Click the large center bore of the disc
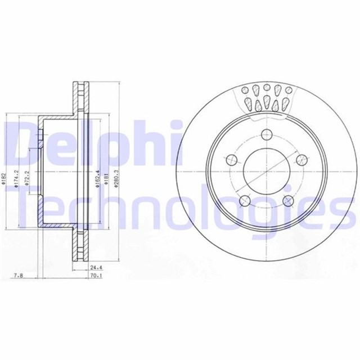267,172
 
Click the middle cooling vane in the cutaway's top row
268,89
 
